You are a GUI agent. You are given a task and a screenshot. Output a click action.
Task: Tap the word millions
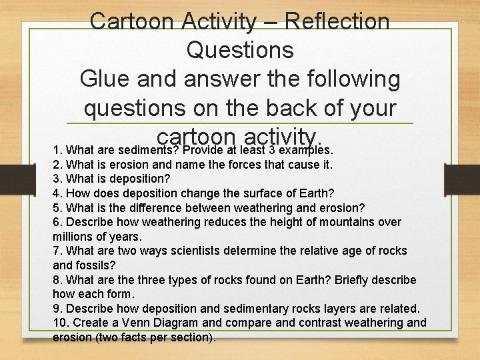pyautogui.click(x=75, y=236)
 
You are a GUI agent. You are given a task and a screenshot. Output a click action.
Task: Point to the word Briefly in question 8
pyautogui.click(x=351, y=279)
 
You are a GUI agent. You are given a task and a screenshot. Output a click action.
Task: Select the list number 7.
pyautogui.click(x=57, y=251)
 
